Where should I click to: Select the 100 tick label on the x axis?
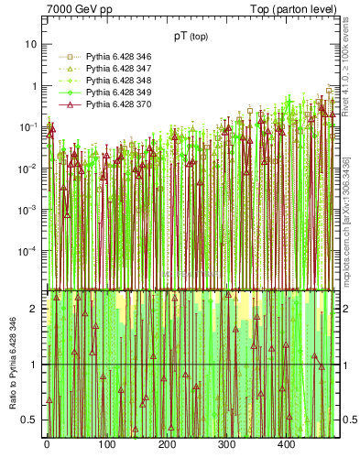point(107,444)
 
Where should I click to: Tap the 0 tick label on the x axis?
point(47,444)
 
